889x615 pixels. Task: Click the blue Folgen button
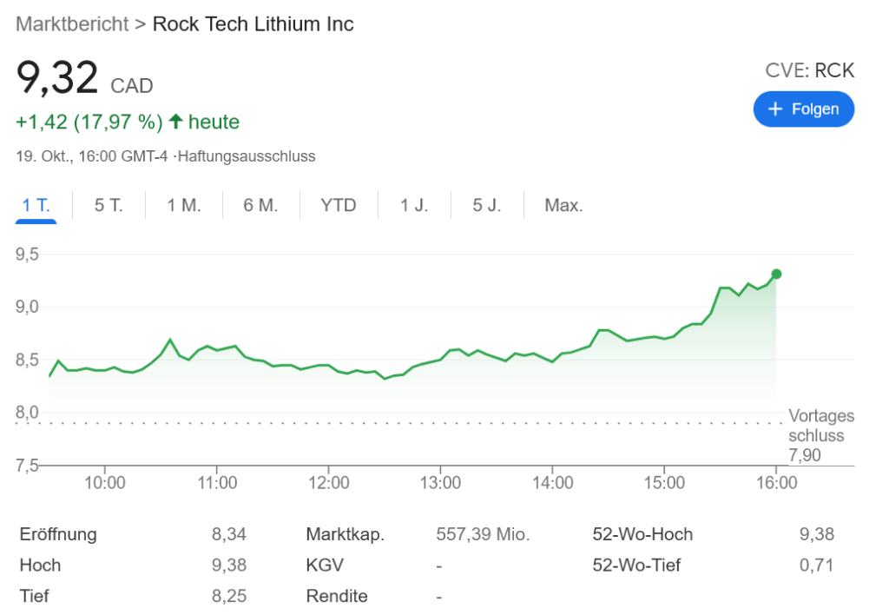pos(803,109)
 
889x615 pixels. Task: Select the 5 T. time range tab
pos(109,206)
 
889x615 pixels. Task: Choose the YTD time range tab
pos(338,206)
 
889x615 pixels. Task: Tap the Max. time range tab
pos(563,206)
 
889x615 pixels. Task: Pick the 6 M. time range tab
pos(260,206)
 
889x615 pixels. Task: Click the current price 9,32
pos(57,78)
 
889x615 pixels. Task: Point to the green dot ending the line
pos(776,274)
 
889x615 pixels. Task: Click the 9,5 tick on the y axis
pos(28,255)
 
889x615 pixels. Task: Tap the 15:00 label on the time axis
pos(664,482)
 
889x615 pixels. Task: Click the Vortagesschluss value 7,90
pos(804,455)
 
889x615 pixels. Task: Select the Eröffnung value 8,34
pos(229,534)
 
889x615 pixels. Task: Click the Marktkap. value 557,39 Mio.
pos(483,534)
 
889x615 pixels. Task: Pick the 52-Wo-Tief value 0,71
pos(817,565)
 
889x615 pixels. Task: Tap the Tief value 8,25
pos(229,597)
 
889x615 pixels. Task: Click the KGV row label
pos(325,565)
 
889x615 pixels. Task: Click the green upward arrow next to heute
pos(175,122)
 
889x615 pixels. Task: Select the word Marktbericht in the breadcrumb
pos(72,23)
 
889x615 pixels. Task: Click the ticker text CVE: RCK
pos(809,71)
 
